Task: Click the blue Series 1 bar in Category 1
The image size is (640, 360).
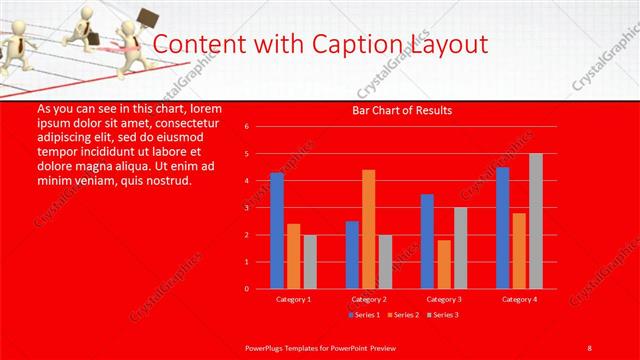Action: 277,231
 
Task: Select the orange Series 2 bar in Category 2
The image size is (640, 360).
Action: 369,229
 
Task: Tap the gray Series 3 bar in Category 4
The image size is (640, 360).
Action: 536,221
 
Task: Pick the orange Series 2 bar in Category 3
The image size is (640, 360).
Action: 444,264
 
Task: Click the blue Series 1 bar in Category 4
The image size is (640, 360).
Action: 502,228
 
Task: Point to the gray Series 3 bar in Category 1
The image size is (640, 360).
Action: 310,262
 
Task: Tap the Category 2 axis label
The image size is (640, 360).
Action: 368,299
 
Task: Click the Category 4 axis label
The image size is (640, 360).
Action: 518,299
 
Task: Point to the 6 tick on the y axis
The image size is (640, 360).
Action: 246,127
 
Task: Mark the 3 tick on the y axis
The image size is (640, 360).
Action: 246,208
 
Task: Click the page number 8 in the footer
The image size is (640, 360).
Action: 589,347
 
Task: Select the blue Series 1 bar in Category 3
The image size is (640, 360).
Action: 427,241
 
